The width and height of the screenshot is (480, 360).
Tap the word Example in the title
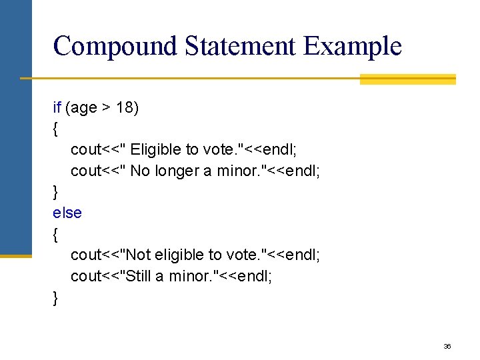[353, 47]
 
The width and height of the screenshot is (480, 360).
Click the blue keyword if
[57, 107]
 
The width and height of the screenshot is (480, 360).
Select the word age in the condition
[84, 108]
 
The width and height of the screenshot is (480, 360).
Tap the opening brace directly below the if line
[55, 129]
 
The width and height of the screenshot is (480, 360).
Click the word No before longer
[140, 171]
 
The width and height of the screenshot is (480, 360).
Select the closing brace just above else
[55, 192]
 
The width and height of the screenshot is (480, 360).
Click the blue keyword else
[67, 213]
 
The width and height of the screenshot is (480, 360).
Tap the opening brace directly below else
[55, 234]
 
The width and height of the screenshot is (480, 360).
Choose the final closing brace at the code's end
[55, 297]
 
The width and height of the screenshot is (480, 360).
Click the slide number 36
[447, 347]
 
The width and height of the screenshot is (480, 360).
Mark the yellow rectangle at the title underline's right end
[407, 79]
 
